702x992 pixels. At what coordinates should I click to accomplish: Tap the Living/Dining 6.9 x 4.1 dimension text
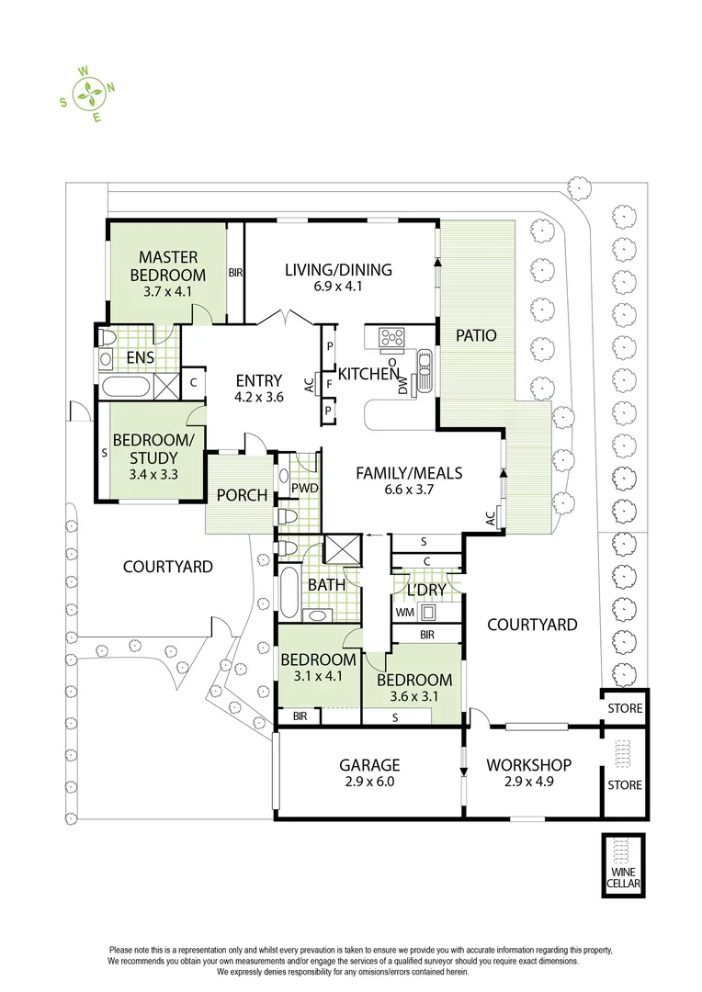pyautogui.click(x=338, y=287)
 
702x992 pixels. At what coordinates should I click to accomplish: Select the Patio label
pyautogui.click(x=476, y=335)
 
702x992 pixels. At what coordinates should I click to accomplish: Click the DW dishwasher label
pyautogui.click(x=402, y=389)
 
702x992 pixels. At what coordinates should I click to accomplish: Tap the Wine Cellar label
pyautogui.click(x=623, y=878)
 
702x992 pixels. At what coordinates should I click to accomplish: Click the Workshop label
pyautogui.click(x=528, y=765)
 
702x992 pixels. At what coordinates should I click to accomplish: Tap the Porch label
pyautogui.click(x=242, y=496)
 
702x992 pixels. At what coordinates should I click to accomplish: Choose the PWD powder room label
pyautogui.click(x=305, y=488)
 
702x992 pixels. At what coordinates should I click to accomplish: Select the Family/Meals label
pyautogui.click(x=409, y=474)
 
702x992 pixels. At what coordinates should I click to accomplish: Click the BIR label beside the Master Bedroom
pyautogui.click(x=235, y=273)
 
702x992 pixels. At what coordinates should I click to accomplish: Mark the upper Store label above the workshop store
pyautogui.click(x=625, y=709)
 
